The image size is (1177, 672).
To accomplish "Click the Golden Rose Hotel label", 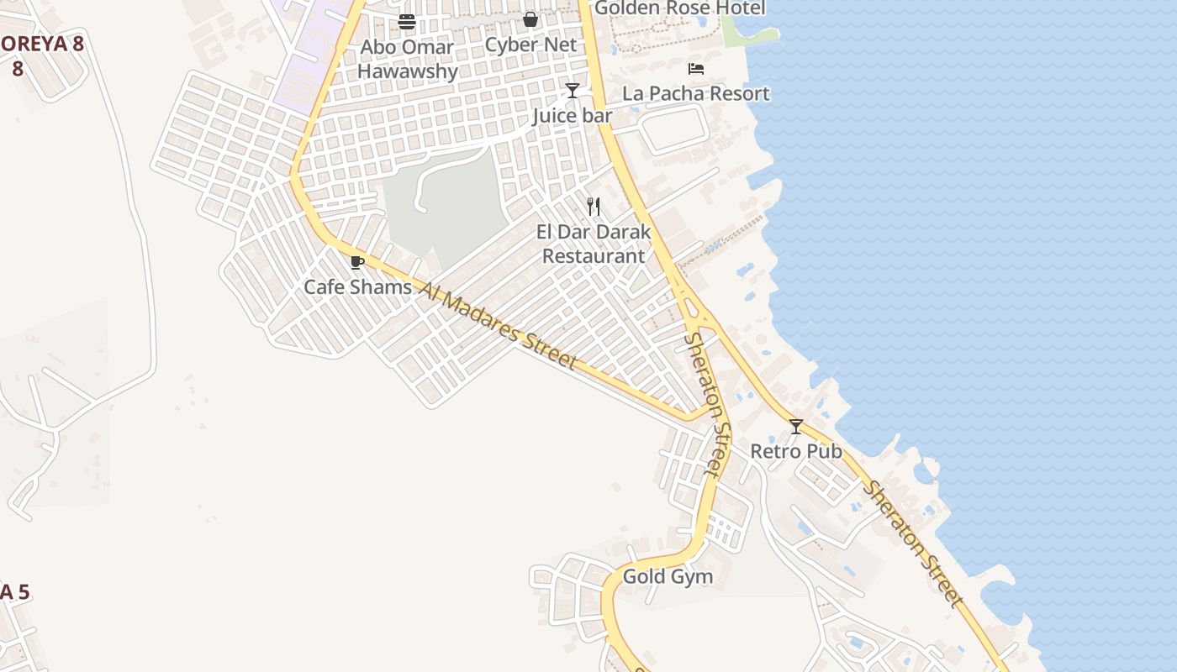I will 680,8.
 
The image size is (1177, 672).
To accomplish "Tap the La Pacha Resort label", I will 696,93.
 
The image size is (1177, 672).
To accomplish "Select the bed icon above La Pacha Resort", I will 696,69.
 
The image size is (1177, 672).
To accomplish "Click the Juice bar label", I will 572,115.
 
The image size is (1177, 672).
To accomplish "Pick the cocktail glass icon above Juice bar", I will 573,90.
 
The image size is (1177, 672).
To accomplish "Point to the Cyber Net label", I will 530,45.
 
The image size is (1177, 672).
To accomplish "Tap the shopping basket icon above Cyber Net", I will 530,19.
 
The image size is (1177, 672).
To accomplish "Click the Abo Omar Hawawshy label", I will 408,59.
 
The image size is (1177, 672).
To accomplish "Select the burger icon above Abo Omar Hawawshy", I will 407,22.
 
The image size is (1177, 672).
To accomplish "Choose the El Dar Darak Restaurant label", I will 594,244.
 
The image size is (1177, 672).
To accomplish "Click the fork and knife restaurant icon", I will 594,206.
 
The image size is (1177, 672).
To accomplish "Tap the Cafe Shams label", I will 357,287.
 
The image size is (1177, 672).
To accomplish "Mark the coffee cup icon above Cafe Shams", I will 357,262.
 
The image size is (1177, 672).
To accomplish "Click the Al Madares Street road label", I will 499,326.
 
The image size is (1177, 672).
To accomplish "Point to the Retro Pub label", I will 795,451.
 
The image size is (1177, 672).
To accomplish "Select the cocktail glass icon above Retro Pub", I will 795,427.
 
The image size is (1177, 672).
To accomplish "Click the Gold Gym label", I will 668,577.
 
